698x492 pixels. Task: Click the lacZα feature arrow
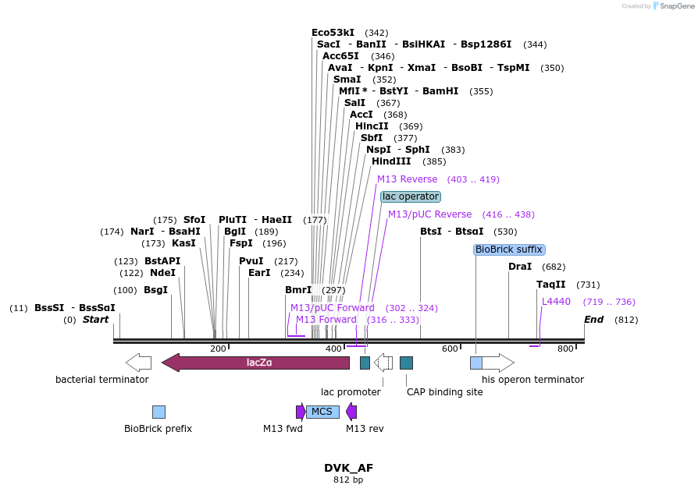tap(255, 362)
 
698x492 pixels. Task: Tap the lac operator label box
tap(411, 196)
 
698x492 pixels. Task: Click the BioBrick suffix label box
tap(509, 250)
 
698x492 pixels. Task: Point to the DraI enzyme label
tap(520, 267)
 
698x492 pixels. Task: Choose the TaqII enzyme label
tap(551, 285)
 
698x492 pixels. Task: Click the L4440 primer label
tap(557, 302)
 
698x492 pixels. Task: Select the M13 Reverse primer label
tap(408, 179)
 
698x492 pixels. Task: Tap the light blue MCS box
tap(322, 412)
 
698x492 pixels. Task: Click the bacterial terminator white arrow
tap(138, 362)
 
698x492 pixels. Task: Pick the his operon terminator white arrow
tap(498, 363)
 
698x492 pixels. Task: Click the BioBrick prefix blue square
tap(158, 412)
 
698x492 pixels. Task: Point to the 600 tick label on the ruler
tap(449, 349)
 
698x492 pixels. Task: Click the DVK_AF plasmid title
tap(348, 468)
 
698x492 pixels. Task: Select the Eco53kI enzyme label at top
tap(333, 33)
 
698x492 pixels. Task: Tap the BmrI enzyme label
tap(298, 290)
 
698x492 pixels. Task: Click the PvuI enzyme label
tap(251, 261)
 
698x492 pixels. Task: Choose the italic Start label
tap(96, 320)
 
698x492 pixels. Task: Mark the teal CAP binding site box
tap(406, 363)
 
